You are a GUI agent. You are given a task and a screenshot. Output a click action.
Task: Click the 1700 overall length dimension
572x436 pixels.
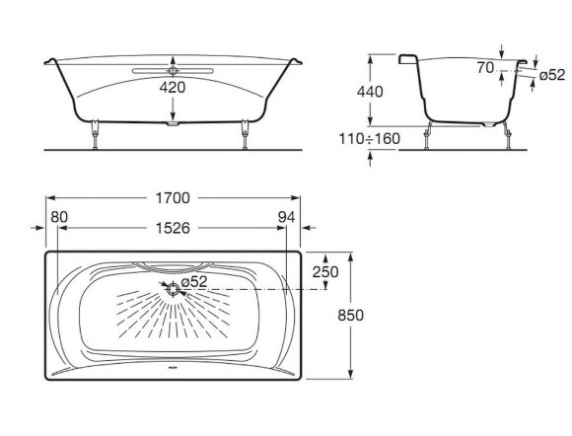point(173,198)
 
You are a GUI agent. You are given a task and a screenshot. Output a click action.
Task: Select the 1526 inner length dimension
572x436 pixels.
point(173,229)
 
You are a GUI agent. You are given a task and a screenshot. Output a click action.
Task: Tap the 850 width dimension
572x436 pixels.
point(350,316)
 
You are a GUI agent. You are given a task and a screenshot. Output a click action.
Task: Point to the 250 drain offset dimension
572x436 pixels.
point(325,272)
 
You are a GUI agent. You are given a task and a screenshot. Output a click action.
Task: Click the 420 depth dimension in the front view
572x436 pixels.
point(173,87)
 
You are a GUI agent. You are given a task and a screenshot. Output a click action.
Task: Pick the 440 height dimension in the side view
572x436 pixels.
point(370,92)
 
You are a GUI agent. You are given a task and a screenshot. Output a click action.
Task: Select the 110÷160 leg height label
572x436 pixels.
point(369,139)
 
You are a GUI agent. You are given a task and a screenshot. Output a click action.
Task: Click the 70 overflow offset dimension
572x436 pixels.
point(485,67)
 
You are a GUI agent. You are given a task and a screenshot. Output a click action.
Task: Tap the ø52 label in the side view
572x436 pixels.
point(552,75)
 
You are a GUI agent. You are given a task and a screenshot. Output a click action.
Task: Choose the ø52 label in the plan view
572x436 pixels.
point(194,281)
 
